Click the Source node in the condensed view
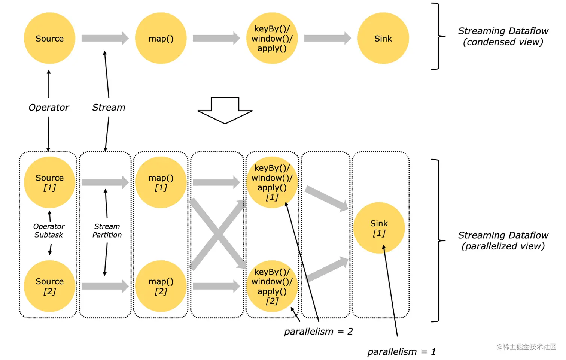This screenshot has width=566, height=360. [49, 38]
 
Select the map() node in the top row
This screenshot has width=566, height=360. [161, 38]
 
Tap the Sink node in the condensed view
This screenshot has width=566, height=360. [383, 38]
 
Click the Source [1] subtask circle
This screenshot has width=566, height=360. [49, 182]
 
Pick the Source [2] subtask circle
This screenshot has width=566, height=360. [49, 286]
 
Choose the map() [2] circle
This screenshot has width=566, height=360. [161, 286]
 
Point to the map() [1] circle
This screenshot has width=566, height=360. [161, 182]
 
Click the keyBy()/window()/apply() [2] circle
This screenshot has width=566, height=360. [272, 286]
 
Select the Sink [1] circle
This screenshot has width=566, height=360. [379, 228]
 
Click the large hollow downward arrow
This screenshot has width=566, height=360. [225, 111]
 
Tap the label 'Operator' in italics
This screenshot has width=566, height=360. [49, 108]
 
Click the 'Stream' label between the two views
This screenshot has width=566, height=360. [109, 108]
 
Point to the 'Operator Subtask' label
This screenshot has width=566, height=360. [49, 230]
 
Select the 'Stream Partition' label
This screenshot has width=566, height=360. [107, 230]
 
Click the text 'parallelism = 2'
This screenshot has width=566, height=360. [318, 332]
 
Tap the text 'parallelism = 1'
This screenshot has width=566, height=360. [402, 352]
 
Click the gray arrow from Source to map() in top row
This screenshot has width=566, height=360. [105, 38]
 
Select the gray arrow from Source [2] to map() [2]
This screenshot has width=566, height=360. [105, 286]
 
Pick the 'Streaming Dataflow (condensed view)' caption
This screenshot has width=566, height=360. [503, 36]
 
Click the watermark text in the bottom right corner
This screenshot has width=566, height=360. [526, 347]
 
